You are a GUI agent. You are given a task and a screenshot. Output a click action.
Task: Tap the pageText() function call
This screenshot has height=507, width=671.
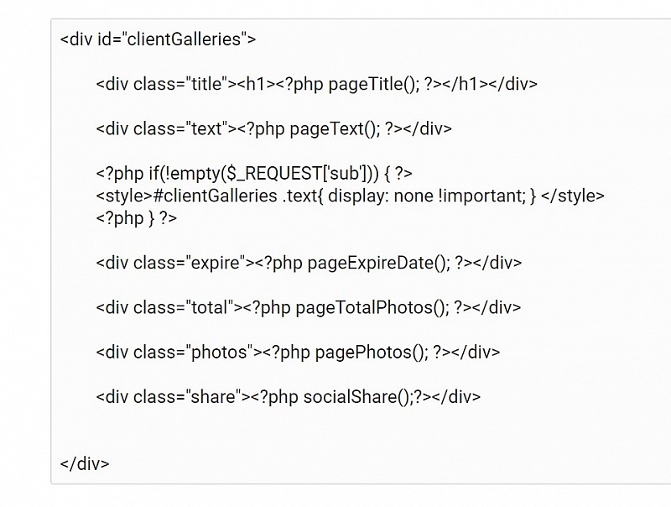point(335,129)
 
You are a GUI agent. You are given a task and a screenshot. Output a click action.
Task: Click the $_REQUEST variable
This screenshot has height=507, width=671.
point(272,174)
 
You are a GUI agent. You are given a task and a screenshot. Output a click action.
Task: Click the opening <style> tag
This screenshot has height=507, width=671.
point(124,196)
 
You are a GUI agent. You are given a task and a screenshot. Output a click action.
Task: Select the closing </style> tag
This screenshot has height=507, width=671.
point(573,196)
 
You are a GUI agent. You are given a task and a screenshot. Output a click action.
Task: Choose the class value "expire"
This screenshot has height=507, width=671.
point(216,263)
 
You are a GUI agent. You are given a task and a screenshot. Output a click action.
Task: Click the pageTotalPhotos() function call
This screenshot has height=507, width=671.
point(372,307)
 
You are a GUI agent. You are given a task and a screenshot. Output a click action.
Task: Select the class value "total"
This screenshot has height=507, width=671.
point(210,307)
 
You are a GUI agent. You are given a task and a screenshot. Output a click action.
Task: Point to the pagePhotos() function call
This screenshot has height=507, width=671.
point(372,353)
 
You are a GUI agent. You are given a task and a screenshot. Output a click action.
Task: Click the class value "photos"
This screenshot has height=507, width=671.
point(220,353)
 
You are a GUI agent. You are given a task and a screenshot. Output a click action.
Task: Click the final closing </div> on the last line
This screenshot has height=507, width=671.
point(85,463)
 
